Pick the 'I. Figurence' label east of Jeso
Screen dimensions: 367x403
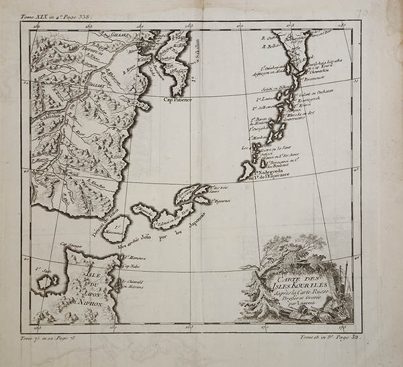222,200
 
